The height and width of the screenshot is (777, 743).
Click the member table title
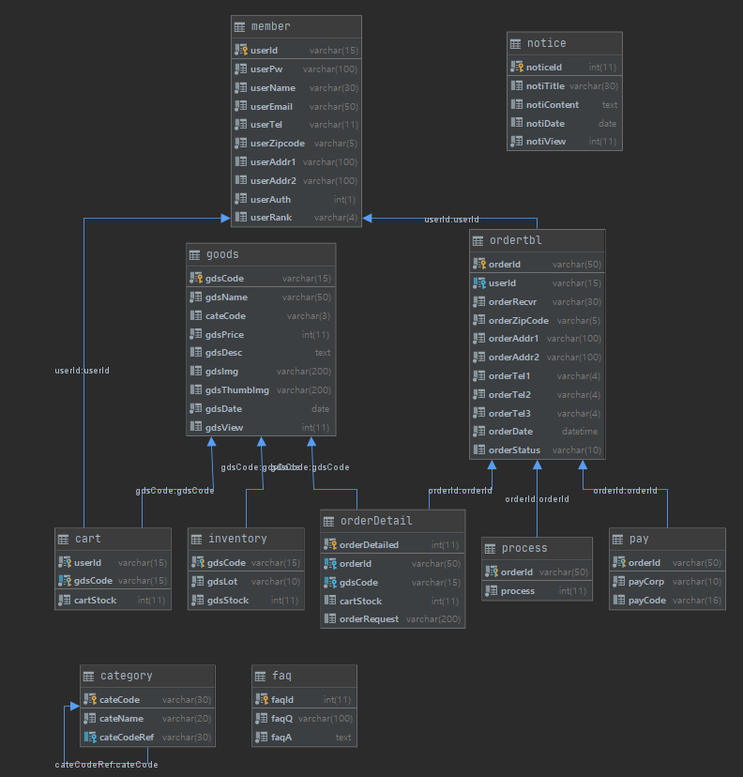tap(270, 26)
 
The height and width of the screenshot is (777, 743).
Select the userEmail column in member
tap(271, 106)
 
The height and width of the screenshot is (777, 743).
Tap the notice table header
tap(546, 43)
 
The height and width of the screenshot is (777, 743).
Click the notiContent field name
tap(553, 105)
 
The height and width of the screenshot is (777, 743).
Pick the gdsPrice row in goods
tap(225, 334)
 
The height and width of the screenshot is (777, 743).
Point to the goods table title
tap(222, 254)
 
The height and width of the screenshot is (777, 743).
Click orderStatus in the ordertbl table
tap(513, 450)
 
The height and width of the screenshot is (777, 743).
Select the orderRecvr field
tap(512, 301)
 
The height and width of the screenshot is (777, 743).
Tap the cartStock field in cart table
tap(96, 600)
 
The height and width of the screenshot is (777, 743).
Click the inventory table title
tap(237, 539)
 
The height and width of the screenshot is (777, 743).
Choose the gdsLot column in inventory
tap(222, 582)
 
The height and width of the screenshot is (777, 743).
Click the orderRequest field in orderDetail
tap(369, 619)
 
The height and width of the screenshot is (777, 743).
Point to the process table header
tap(524, 548)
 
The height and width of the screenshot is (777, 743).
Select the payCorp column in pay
tap(646, 582)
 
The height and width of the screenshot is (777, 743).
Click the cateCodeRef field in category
tap(129, 737)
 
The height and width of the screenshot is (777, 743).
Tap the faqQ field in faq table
tap(282, 719)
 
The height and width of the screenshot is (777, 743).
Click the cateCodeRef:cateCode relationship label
tap(107, 765)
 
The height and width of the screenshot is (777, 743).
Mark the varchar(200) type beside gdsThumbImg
tap(304, 390)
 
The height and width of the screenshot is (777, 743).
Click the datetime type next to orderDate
tap(580, 432)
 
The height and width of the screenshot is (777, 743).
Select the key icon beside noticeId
tap(517, 68)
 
